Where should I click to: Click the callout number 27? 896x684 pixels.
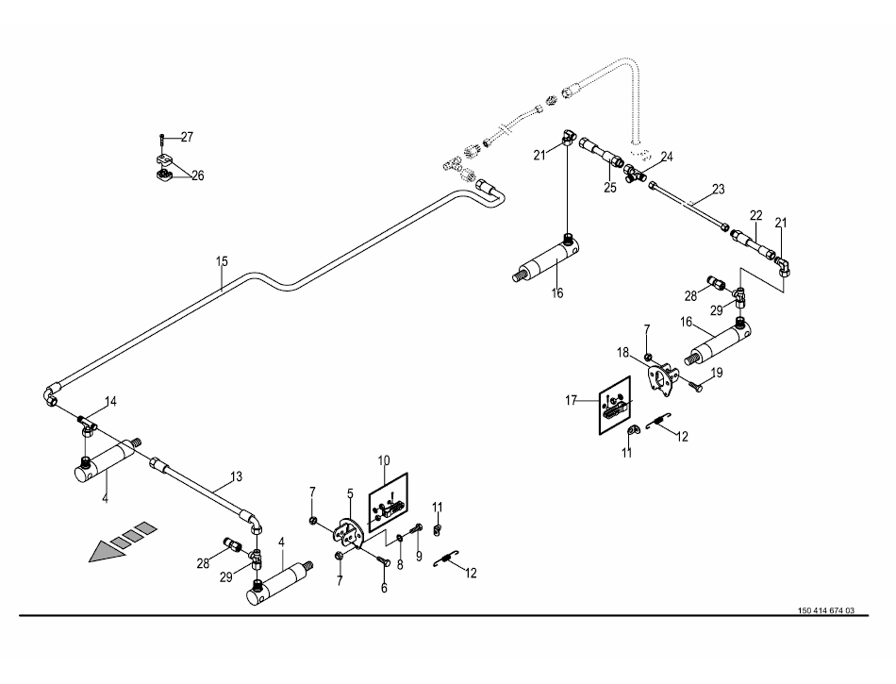pos(187,137)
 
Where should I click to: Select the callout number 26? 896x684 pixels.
pos(197,175)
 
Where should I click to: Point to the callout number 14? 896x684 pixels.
pos(110,402)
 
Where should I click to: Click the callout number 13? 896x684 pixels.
pos(236,477)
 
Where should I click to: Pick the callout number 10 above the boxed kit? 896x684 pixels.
pos(384,460)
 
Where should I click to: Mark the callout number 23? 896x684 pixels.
pos(719,190)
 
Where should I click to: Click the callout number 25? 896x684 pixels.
pos(610,188)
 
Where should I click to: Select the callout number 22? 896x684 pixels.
pos(755,215)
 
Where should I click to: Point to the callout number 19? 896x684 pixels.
pos(717,374)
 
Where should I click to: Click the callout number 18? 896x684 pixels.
pos(623,352)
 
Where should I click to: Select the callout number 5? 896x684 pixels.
pos(349,493)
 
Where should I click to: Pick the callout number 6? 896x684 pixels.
pos(384,588)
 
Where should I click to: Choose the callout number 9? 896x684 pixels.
pos(418,583)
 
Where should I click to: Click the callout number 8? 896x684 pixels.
pos(400,565)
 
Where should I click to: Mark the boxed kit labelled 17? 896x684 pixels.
pos(613,407)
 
